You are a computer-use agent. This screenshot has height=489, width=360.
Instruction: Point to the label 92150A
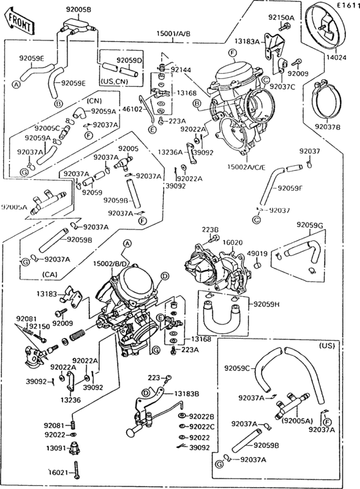point(281,17)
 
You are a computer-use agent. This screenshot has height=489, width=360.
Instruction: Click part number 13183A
point(247,41)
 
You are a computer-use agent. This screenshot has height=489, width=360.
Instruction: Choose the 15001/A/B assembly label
point(174,33)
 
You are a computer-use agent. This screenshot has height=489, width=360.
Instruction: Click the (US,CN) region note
point(116,82)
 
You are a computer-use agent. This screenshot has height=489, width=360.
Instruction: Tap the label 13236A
point(169,152)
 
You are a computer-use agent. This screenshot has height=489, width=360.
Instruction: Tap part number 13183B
point(187,393)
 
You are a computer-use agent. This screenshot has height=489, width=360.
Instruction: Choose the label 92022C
point(201,426)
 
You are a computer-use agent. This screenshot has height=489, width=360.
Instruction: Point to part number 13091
point(53,448)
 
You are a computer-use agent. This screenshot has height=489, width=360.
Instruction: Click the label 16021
point(58,472)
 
